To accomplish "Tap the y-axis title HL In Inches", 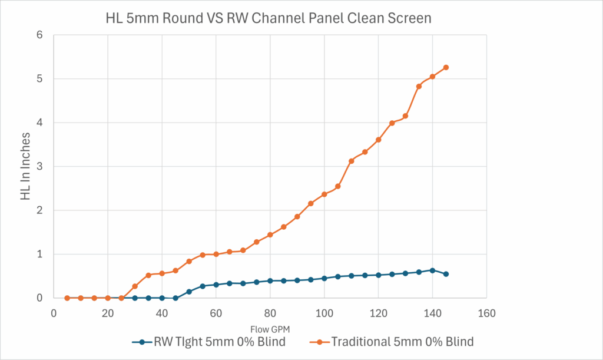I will (25, 166).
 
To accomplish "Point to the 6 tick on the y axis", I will (40, 35).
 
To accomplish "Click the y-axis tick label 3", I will (40, 166).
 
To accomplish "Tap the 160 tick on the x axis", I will (486, 313).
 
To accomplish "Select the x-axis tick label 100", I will (324, 313).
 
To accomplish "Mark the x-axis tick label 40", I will (162, 313).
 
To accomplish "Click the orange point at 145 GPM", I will (446, 67).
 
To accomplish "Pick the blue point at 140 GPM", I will (432, 270).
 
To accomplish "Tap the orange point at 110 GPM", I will (351, 161).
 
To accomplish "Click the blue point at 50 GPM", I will (189, 292).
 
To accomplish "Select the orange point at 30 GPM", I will (135, 286).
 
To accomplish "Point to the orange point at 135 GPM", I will (419, 86).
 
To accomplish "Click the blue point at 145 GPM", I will (446, 274).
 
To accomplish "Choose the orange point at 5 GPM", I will (67, 298).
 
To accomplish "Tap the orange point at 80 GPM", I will (270, 235).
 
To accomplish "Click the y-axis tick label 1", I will (40, 254).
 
